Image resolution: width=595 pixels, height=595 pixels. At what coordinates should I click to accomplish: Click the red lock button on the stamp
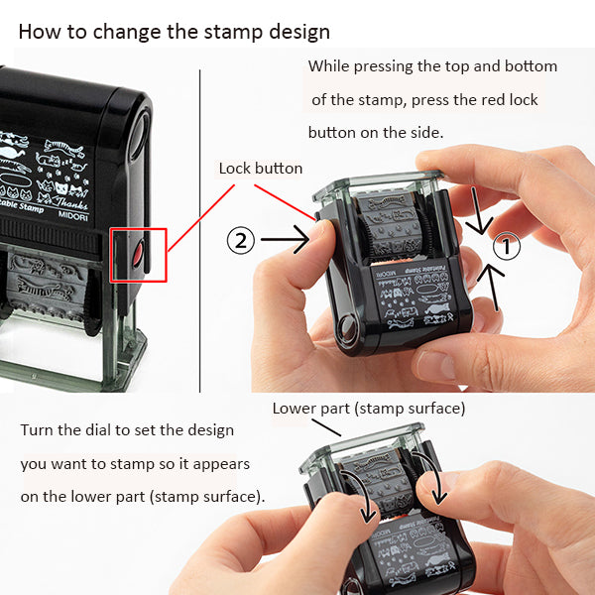[x=138, y=254]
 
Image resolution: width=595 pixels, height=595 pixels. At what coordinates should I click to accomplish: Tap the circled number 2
[x=241, y=240]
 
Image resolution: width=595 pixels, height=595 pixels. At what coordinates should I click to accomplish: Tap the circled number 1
[x=507, y=246]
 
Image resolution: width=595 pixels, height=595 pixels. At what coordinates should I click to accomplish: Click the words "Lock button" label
[x=260, y=169]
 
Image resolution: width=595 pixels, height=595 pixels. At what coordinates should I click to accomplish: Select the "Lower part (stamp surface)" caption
[x=369, y=409]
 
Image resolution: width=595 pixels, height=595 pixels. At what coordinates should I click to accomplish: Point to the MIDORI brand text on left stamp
[x=73, y=216]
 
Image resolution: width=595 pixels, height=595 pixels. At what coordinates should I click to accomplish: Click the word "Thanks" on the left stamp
[x=70, y=202]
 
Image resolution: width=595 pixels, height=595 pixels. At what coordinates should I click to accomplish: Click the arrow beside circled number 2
[x=285, y=239]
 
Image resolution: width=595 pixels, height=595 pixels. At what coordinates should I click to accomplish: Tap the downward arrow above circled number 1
[x=478, y=210]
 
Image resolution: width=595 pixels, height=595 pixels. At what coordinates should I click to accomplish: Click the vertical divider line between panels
[x=199, y=231]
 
